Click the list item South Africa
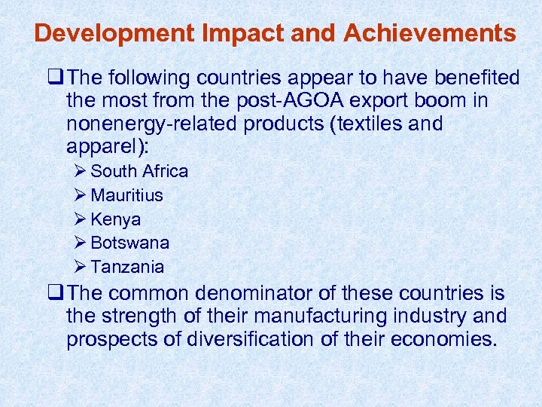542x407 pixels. tap(139, 171)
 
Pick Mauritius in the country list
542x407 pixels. tap(126, 195)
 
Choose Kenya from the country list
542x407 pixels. tap(115, 219)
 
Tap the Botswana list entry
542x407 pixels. tap(129, 243)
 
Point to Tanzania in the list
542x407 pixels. tap(127, 267)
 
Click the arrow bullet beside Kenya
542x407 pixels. tap(81, 219)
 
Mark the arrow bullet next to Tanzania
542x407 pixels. tap(81, 267)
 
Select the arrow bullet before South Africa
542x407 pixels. tap(81, 171)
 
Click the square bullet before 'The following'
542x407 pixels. tap(54, 78)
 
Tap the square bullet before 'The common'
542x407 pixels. tap(54, 293)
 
